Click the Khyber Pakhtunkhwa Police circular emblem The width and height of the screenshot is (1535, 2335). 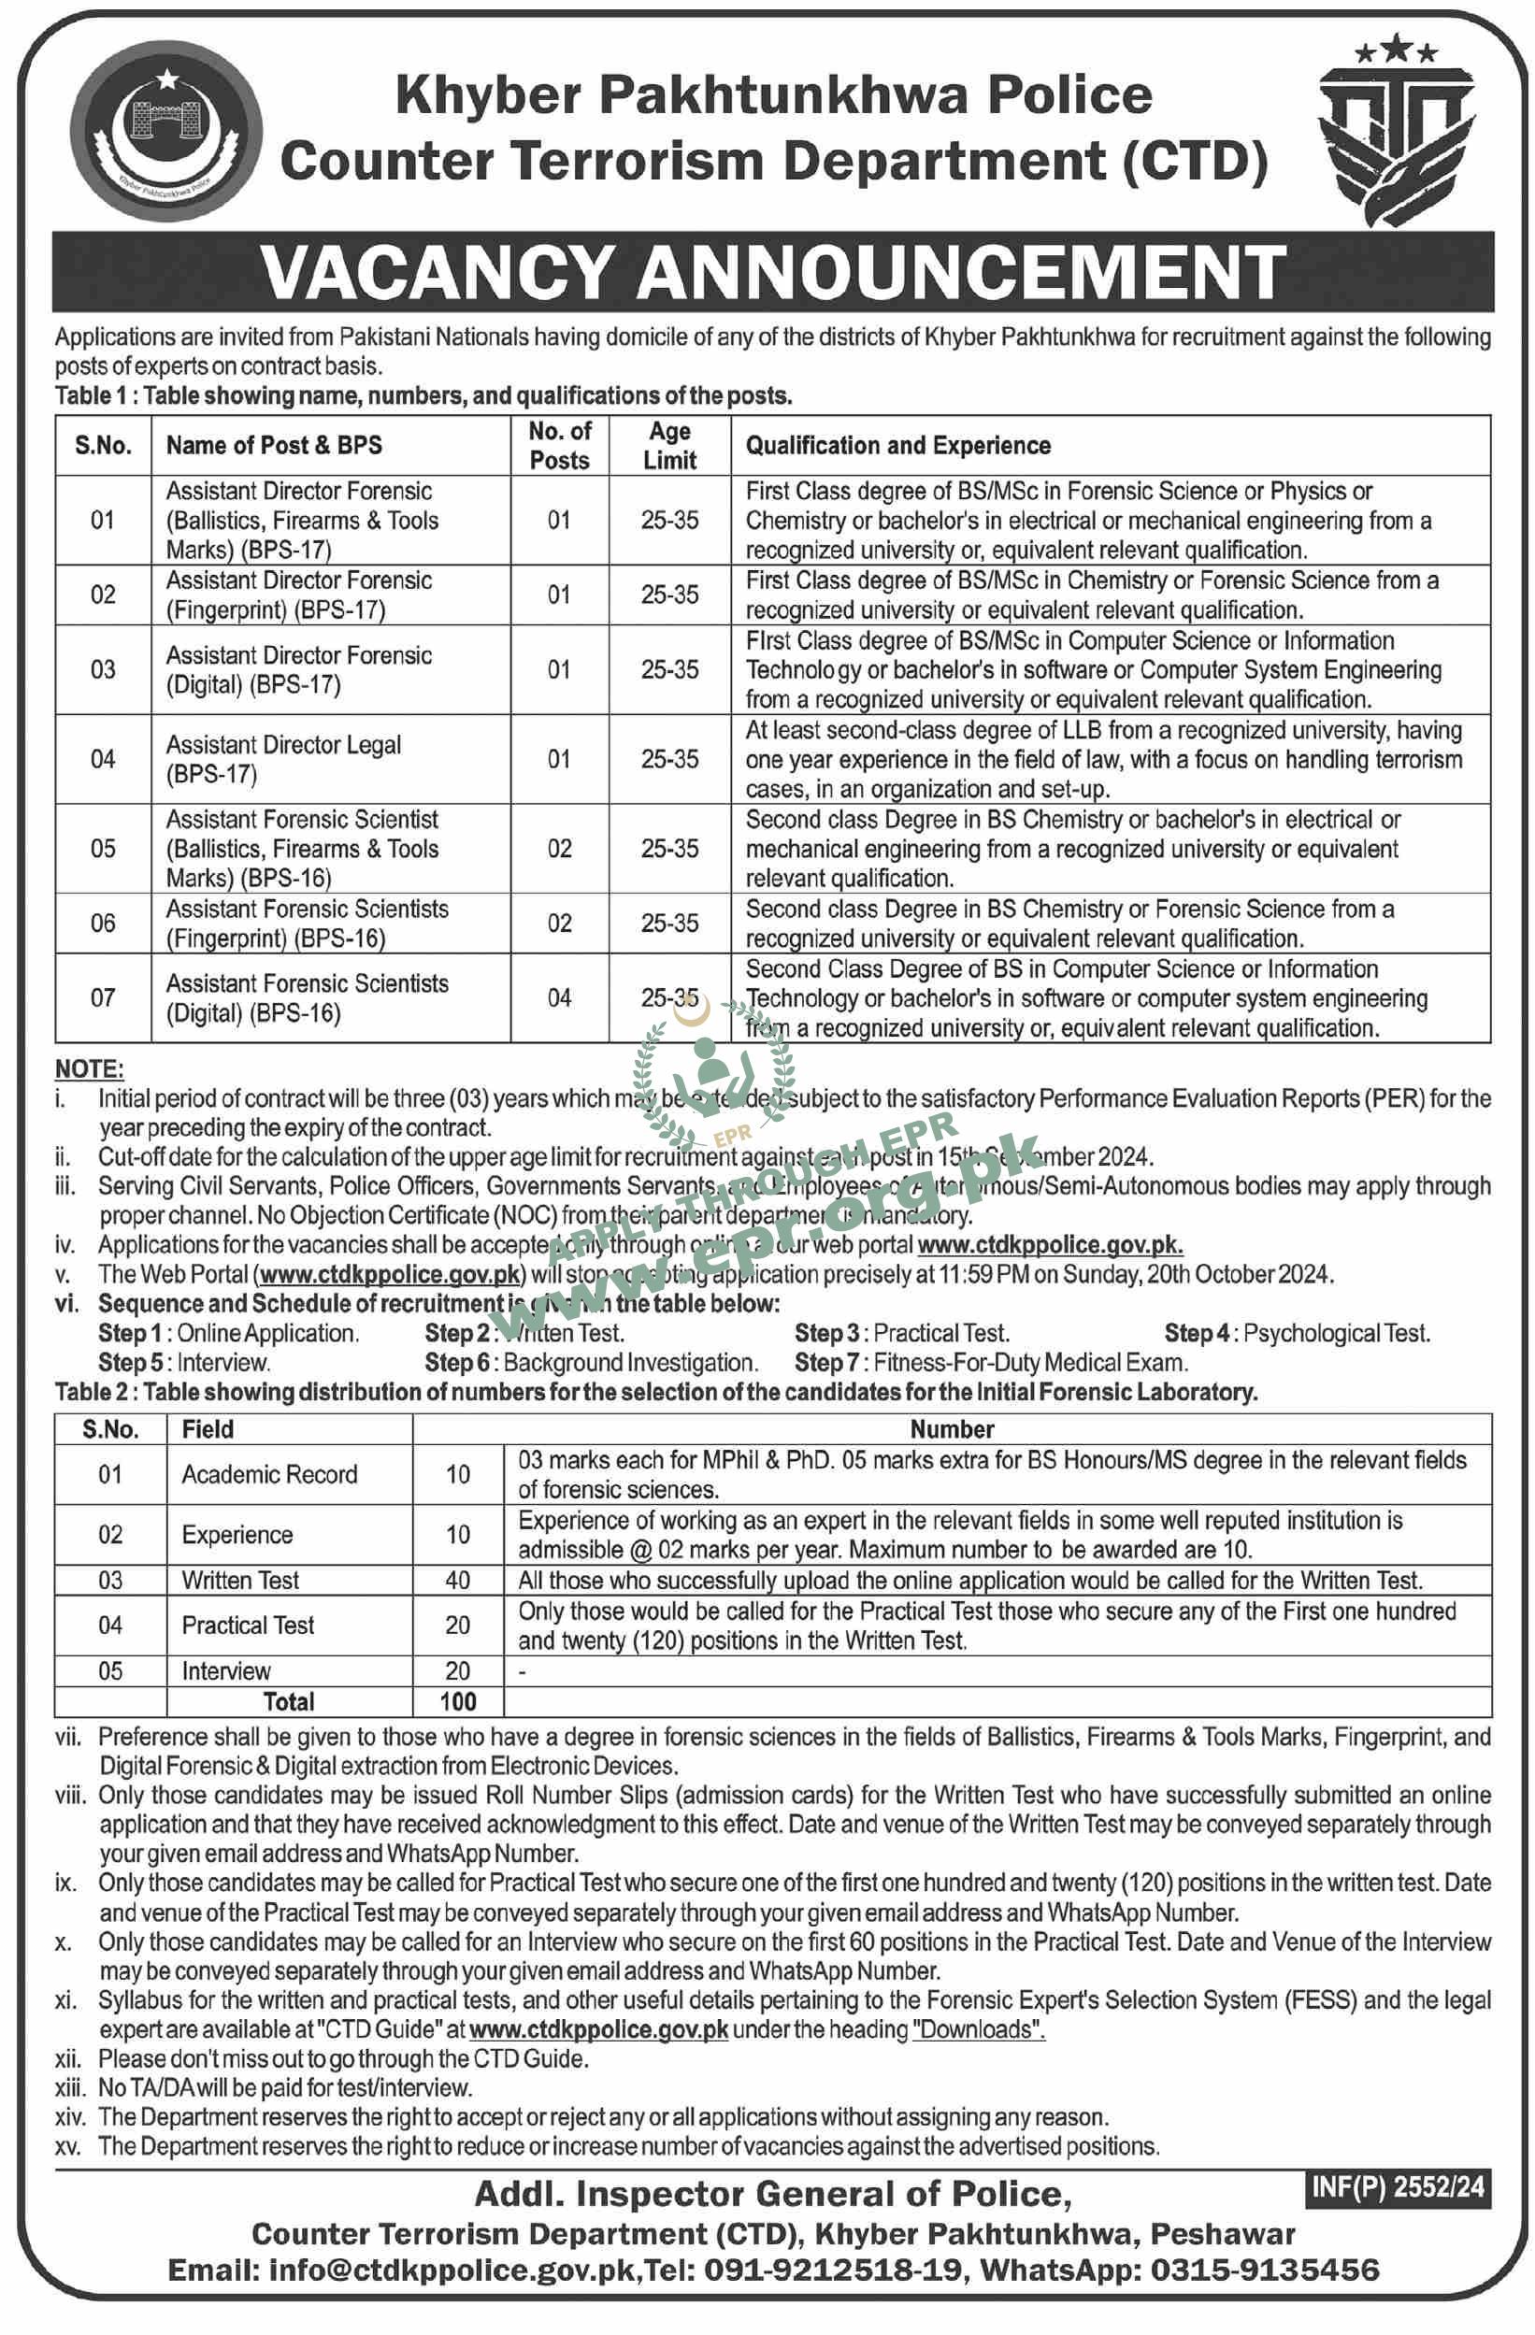[x=165, y=131]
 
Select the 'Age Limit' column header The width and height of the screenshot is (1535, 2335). [x=669, y=446]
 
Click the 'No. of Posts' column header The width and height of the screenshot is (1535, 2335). [x=559, y=446]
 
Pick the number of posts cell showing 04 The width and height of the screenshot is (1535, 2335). [x=559, y=997]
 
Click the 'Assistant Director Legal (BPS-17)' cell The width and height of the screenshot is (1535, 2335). [x=282, y=759]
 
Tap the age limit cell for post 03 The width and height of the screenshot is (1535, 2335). [x=669, y=670]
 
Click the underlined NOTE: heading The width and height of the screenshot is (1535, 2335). [x=90, y=1068]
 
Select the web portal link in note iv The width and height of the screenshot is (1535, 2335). [x=1049, y=1245]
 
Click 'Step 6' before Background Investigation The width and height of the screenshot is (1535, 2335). [x=456, y=1363]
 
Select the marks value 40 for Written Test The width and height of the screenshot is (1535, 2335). [x=457, y=1581]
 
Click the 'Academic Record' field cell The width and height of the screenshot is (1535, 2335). [x=269, y=1475]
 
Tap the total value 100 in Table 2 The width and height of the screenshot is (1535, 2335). [x=457, y=1701]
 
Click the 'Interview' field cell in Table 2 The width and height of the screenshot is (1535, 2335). [x=225, y=1670]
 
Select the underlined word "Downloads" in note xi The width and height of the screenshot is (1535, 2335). [x=978, y=2029]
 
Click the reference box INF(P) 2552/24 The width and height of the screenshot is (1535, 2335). [x=1398, y=2187]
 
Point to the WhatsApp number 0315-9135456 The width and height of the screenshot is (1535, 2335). [x=1264, y=2270]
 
